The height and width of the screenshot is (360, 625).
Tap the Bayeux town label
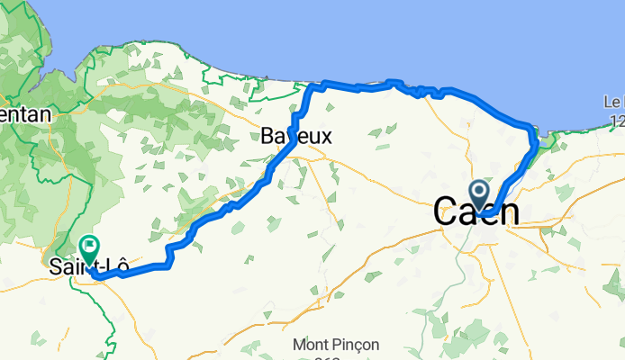(x=296, y=137)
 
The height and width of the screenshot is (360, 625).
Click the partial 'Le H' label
(x=613, y=103)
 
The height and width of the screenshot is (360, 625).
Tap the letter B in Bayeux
(x=267, y=137)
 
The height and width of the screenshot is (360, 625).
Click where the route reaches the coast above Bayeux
(x=314, y=86)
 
